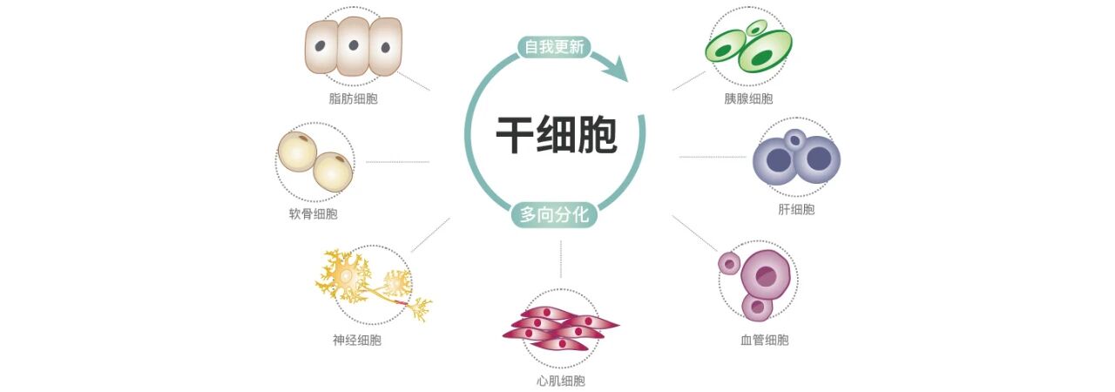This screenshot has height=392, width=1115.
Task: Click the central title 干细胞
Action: tap(557, 136)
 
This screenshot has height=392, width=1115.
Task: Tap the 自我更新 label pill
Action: tap(554, 47)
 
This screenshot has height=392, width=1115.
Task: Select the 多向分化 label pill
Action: tap(554, 213)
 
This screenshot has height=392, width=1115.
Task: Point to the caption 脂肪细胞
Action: tap(354, 98)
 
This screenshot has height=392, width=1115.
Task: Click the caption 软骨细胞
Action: tap(313, 213)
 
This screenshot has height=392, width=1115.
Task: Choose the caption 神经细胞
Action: tap(357, 341)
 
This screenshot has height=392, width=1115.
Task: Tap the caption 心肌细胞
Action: tap(561, 381)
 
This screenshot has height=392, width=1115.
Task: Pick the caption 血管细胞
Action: tap(764, 341)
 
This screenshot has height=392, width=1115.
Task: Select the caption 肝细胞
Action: tap(796, 209)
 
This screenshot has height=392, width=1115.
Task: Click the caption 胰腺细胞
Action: tap(748, 98)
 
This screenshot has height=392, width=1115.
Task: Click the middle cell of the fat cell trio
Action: tap(354, 46)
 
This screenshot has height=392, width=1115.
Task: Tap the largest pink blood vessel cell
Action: tap(766, 275)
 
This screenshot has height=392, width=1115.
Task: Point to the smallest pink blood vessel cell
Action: tap(728, 262)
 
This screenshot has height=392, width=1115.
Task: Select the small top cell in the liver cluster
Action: tap(794, 139)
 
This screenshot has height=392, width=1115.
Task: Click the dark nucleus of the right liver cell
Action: tap(819, 159)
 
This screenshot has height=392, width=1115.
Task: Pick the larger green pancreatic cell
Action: tap(764, 51)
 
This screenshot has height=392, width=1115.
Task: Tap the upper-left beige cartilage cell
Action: tap(297, 152)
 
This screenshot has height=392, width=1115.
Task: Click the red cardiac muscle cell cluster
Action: tap(560, 328)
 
